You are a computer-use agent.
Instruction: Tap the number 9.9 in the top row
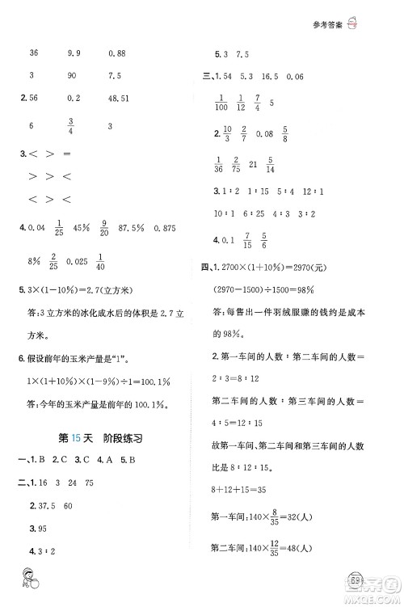(x=75, y=53)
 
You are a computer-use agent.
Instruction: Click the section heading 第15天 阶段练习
(x=100, y=439)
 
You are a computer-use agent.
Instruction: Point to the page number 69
(x=378, y=580)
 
